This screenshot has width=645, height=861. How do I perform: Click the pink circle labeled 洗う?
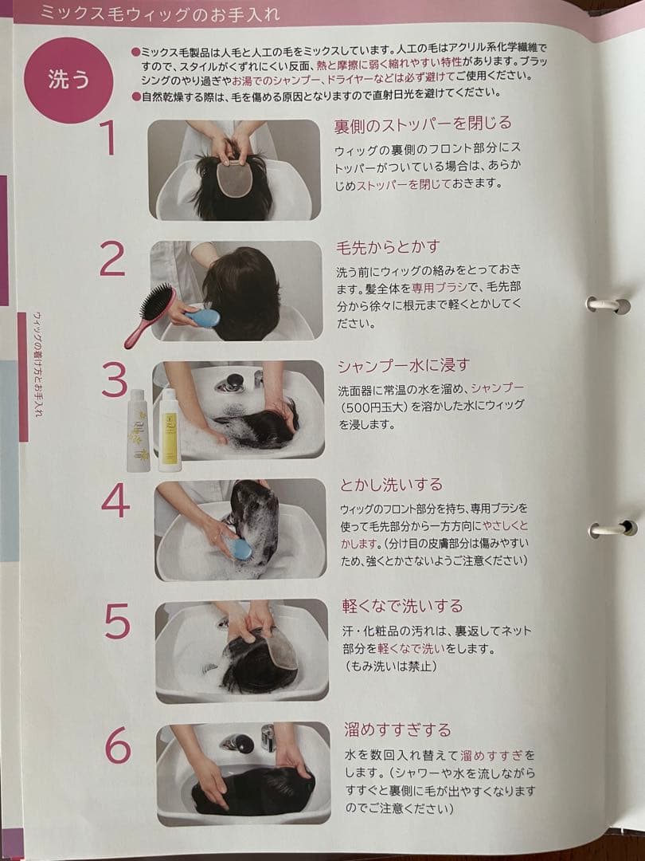tap(68, 81)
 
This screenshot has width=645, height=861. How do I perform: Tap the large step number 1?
tap(108, 137)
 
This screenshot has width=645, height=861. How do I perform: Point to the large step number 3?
tap(115, 379)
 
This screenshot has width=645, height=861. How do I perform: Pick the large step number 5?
tap(116, 621)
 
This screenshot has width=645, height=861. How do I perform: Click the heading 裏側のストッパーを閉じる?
tap(421, 124)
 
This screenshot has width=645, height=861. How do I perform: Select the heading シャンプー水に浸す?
tap(403, 365)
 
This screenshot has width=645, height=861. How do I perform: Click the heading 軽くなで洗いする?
tap(403, 606)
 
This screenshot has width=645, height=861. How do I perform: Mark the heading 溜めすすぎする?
tap(397, 729)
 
